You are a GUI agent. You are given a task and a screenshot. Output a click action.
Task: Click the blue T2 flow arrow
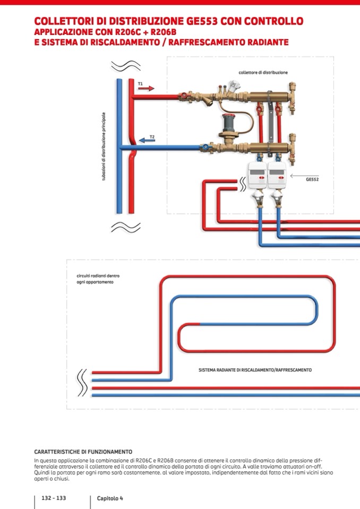click(x=147, y=141)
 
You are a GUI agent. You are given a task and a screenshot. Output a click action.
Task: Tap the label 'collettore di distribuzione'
click(x=263, y=72)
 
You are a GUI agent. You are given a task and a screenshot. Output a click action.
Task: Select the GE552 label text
click(x=312, y=179)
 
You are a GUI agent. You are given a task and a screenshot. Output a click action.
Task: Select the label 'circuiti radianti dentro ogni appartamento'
click(x=95, y=279)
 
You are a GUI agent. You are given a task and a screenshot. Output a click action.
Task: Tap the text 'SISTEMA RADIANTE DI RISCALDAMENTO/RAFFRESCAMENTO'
click(x=255, y=370)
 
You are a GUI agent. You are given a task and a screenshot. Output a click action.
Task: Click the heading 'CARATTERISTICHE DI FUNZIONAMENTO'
click(x=83, y=452)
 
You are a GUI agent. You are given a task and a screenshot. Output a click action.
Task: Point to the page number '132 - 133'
click(x=54, y=498)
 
